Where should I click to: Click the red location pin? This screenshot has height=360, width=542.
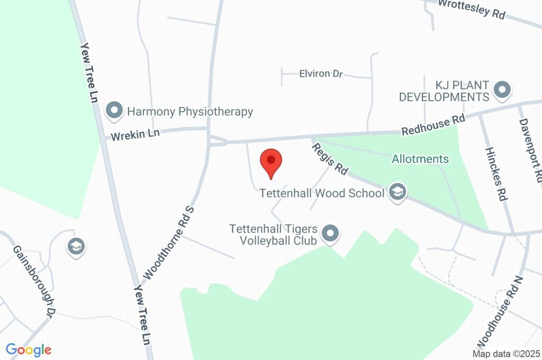click(271, 161)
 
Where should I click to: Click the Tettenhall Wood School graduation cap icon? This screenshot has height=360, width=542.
click(397, 193)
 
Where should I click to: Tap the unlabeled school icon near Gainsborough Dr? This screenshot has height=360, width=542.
click(76, 246)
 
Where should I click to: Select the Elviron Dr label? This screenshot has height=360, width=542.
click(314, 74)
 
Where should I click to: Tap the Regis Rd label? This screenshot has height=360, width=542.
click(330, 159)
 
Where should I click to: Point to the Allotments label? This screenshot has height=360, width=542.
click(420, 159)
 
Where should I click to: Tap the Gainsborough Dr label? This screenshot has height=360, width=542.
click(34, 281)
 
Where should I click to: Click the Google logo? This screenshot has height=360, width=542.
click(29, 349)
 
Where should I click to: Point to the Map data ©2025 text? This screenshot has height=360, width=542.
click(506, 354)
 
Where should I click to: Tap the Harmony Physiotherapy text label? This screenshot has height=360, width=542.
click(190, 112)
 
